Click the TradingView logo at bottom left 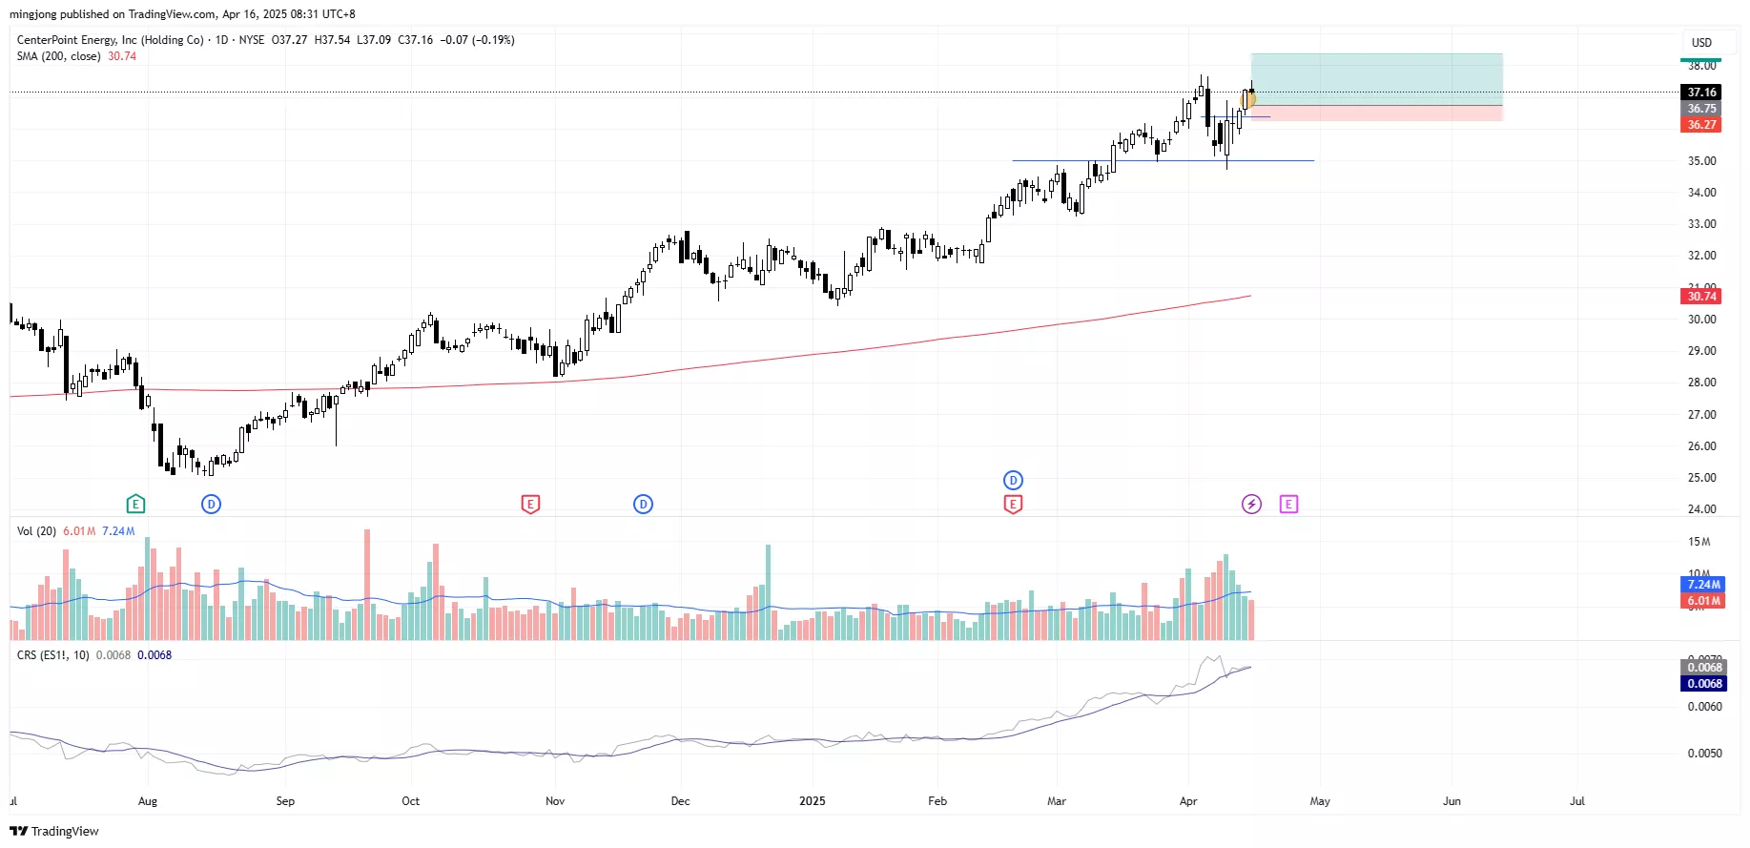coord(54,831)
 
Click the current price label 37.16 coord(1701,93)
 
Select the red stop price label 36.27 coord(1701,125)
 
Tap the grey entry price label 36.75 coord(1701,109)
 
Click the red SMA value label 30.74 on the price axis coord(1701,297)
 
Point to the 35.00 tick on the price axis coord(1701,161)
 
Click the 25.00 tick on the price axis coord(1701,478)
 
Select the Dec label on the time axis coord(680,801)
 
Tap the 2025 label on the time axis coord(812,801)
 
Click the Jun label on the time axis coord(1451,801)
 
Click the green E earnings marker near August coord(135,504)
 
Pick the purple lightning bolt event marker coord(1251,504)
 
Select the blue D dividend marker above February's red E coord(1013,480)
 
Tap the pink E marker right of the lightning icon coord(1288,504)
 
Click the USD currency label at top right coord(1701,43)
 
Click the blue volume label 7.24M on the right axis coord(1703,585)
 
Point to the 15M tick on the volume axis coord(1699,542)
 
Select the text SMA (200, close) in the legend coord(58,56)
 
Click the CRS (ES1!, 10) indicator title coord(53,655)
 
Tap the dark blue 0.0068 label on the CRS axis coord(1704,684)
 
